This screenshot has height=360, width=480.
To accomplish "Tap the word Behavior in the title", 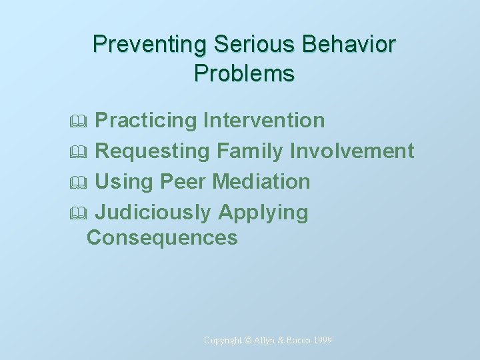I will [349, 45].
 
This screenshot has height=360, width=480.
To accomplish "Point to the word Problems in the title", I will [244, 73].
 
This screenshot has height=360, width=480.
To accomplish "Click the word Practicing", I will [146, 121].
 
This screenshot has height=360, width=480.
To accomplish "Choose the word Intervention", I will [264, 121].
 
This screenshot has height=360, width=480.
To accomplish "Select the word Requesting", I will [153, 151].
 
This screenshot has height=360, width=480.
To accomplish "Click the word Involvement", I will [352, 151].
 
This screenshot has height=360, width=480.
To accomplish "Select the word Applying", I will [263, 213].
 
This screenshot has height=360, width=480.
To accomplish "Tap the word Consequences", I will [162, 237].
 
